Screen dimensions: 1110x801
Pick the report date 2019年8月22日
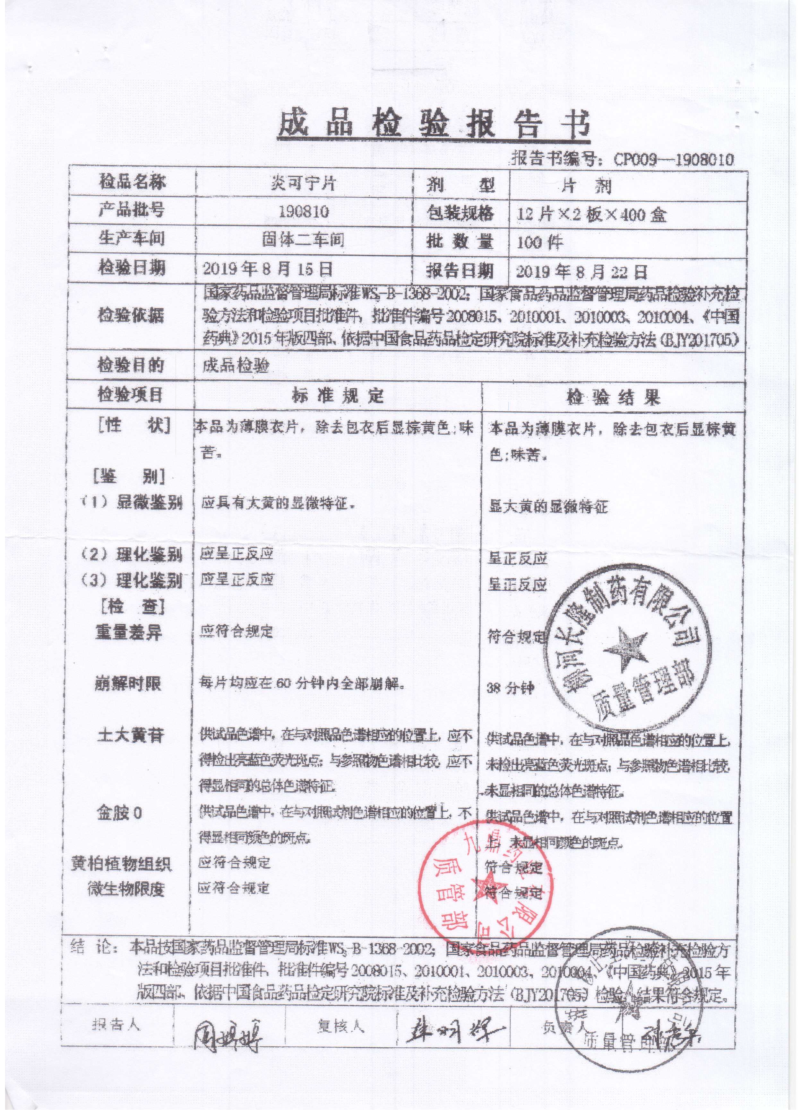(x=582, y=271)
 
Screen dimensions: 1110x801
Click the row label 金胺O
(x=119, y=813)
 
